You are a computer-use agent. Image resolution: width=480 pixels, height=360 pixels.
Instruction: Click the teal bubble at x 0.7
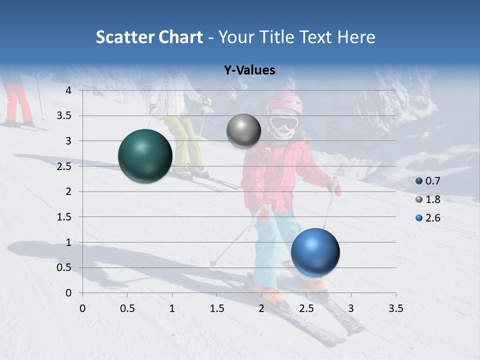pos(145,156)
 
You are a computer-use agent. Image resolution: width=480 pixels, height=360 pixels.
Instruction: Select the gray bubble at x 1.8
pos(243,130)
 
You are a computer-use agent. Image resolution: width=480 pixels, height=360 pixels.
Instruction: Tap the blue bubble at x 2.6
pos(315,252)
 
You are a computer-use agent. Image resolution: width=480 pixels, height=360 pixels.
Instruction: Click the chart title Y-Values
pos(249,70)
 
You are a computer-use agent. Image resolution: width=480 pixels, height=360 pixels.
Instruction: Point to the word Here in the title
pos(356,37)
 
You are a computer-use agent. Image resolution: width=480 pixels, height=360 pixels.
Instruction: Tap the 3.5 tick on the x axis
pos(395,308)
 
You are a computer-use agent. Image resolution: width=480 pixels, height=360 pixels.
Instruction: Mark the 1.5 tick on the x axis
pos(217,308)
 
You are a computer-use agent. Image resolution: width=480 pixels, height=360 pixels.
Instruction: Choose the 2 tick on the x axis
pos(261,308)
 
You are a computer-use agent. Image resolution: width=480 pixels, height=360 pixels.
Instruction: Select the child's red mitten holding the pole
pos(335,186)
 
